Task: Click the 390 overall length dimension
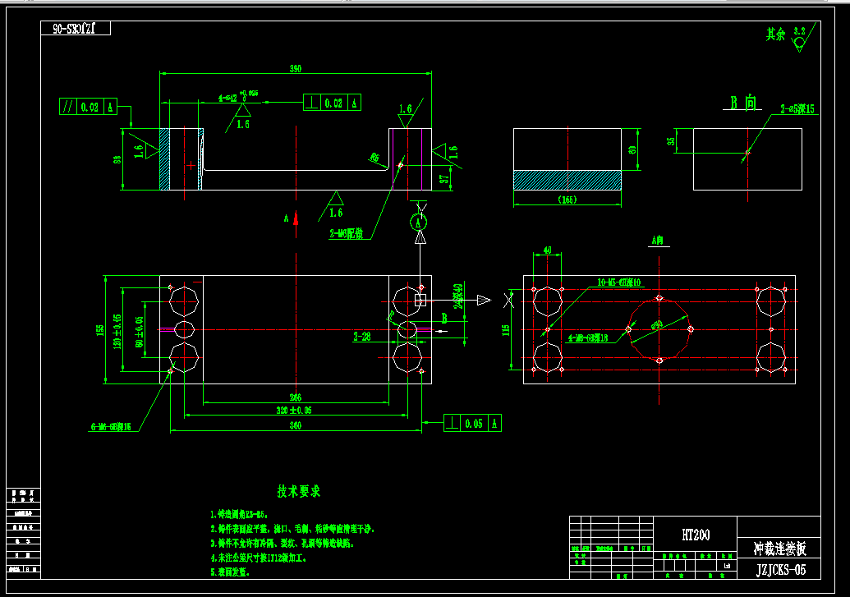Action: click(x=296, y=69)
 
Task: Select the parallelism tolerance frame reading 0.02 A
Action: click(x=89, y=107)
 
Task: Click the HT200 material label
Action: click(x=696, y=535)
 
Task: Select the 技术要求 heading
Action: click(x=299, y=491)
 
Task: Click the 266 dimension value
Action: click(x=295, y=397)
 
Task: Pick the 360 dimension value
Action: click(x=295, y=425)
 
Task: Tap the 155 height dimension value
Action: click(x=100, y=329)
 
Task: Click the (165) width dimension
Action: click(x=567, y=200)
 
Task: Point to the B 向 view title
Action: click(x=744, y=103)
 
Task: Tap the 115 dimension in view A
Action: click(x=506, y=329)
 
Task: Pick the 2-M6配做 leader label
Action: click(x=346, y=234)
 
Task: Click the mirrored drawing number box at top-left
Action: click(x=76, y=29)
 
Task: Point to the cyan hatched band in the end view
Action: click(x=567, y=180)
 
